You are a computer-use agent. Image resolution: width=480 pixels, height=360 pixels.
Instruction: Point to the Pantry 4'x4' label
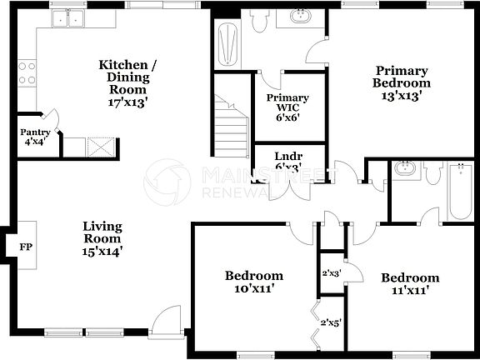[x=35, y=137]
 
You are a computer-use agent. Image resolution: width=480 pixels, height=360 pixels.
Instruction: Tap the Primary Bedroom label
[x=402, y=82]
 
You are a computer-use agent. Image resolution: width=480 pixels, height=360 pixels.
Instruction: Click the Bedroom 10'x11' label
[x=254, y=282]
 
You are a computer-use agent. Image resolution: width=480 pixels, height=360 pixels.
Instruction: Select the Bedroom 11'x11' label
[x=410, y=284]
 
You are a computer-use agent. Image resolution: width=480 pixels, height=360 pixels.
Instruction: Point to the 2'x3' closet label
[x=332, y=272]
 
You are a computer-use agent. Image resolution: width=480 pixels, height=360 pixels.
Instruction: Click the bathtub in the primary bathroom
[x=227, y=41]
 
